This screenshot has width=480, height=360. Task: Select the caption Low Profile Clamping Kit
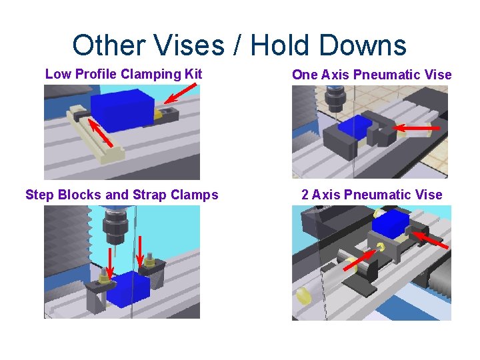(123, 74)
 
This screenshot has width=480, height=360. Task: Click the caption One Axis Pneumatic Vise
(372, 75)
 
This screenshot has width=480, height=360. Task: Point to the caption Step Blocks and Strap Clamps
(122, 195)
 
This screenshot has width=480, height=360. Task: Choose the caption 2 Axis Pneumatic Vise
(371, 195)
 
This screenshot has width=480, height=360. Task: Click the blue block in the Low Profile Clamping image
(122, 110)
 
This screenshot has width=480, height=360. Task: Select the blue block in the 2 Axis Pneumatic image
(390, 225)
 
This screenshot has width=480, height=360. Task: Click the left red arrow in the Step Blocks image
(110, 264)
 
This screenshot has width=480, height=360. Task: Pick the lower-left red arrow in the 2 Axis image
(359, 259)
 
